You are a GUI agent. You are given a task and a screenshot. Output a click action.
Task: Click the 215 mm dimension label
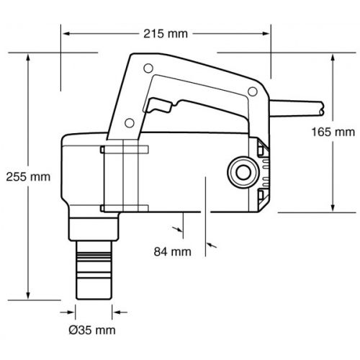pyautogui.click(x=166, y=34)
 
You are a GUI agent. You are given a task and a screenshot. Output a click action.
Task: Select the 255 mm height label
pyautogui.click(x=28, y=177)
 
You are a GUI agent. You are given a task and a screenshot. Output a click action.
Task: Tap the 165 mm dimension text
pyautogui.click(x=333, y=132)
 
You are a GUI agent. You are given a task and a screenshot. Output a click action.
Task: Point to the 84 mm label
pyautogui.click(x=173, y=252)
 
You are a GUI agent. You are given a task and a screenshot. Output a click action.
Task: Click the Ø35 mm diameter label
pyautogui.click(x=92, y=330)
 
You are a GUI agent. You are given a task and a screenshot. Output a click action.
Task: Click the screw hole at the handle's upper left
pyautogui.click(x=148, y=68)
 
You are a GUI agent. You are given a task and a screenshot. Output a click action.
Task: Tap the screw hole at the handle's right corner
pyautogui.click(x=253, y=91)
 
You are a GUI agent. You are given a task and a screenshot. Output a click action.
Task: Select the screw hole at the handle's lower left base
pyautogui.click(x=130, y=123)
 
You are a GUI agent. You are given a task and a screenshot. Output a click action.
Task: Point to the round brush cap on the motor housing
pyautogui.click(x=243, y=172)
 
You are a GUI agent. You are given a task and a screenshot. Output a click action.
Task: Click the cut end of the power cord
pyautogui.click(x=323, y=109)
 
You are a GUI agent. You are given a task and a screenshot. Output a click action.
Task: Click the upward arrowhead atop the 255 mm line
pyautogui.click(x=28, y=58)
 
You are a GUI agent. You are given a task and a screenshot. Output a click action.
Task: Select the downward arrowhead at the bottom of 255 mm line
pyautogui.click(x=28, y=296)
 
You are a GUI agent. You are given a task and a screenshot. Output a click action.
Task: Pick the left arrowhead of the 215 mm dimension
pyautogui.click(x=66, y=34)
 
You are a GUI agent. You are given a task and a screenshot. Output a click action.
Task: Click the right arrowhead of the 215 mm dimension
pyautogui.click(x=266, y=34)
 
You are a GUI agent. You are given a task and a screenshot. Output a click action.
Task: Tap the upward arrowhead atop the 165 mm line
pyautogui.click(x=333, y=58)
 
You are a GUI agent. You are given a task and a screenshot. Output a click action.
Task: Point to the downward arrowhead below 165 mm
pyautogui.click(x=333, y=207)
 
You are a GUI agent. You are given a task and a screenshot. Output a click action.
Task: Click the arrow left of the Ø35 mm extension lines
pyautogui.click(x=68, y=312)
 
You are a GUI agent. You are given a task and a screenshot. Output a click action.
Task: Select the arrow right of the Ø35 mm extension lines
pyautogui.click(x=120, y=312)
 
